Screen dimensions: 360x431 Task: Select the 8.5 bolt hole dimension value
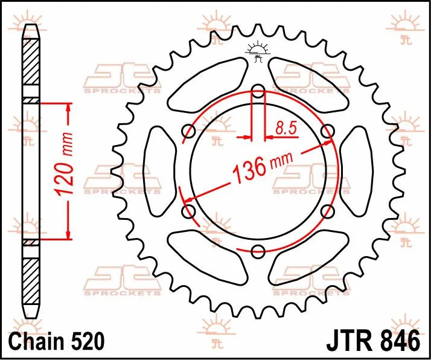[285, 127]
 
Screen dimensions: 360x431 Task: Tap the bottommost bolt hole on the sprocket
[258, 251]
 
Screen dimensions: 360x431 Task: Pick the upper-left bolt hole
[188, 131]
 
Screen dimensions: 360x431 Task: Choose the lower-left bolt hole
[188, 211]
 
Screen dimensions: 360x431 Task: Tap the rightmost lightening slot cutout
[357, 171]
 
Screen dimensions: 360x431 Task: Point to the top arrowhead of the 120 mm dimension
[68, 108]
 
